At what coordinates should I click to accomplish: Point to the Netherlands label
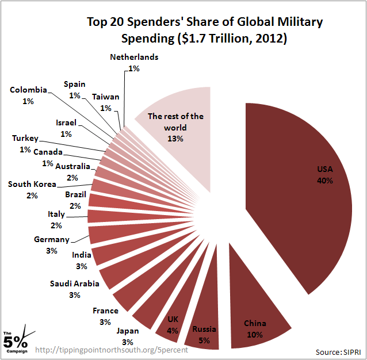[134, 58]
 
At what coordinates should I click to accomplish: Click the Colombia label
[28, 90]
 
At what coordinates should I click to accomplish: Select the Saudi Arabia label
[75, 284]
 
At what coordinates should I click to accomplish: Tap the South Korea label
[32, 185]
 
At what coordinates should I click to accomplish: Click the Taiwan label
[106, 97]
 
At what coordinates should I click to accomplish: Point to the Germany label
[52, 240]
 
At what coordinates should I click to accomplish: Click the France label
[105, 311]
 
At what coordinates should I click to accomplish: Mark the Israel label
[66, 123]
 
